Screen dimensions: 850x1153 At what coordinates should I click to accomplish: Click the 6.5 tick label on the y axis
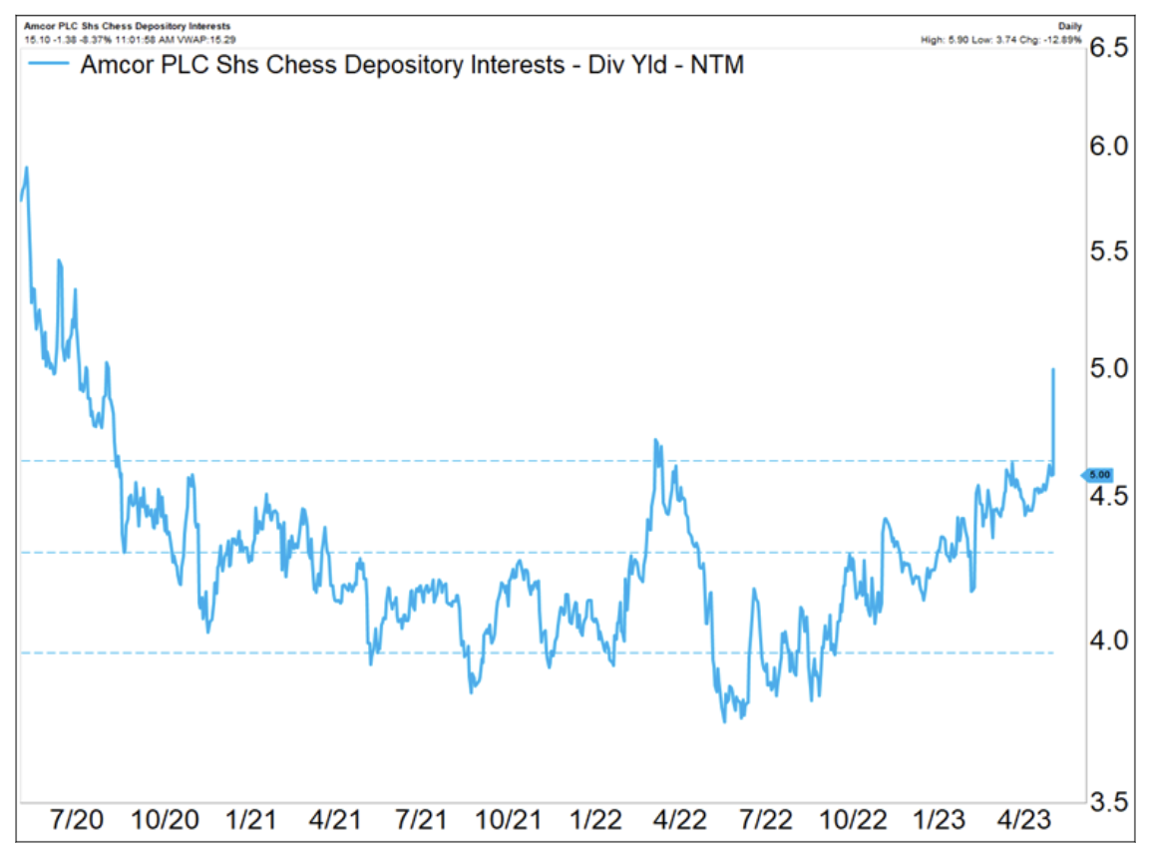pos(1110,49)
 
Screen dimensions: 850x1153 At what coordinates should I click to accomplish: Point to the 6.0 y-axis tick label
pos(1110,148)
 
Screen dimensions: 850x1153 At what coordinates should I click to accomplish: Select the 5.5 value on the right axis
pos(1110,252)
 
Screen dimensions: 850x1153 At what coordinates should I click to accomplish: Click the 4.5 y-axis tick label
pos(1110,496)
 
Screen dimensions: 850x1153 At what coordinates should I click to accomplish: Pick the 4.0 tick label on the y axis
pos(1110,639)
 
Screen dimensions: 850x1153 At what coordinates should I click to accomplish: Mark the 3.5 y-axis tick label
pos(1110,801)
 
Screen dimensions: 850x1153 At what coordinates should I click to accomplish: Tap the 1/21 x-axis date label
pos(252,821)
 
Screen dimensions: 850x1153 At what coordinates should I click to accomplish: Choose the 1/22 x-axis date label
pos(595,821)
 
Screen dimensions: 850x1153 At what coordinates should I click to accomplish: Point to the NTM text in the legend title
pos(714,67)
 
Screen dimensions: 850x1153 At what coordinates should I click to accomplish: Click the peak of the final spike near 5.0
pos(1053,370)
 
